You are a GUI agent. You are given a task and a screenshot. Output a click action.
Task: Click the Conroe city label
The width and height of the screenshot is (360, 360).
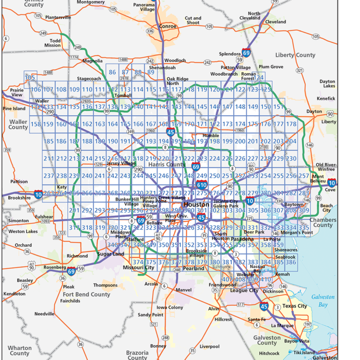[x=168, y=26]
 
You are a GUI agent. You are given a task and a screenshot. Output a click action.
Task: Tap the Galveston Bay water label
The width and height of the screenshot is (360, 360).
[x=323, y=300]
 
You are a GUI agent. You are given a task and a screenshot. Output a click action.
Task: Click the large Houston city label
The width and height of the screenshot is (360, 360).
[x=196, y=204]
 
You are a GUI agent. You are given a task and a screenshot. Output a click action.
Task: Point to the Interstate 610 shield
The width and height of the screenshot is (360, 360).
[x=202, y=184]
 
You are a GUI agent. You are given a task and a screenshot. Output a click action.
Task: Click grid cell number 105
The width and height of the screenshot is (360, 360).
[x=30, y=77]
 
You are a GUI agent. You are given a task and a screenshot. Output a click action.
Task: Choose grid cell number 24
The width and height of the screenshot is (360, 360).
[x=260, y=77]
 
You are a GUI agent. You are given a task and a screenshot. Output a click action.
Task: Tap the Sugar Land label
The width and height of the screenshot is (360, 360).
[x=111, y=253]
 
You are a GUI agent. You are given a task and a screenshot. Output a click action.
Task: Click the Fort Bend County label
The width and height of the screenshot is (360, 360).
[x=86, y=294]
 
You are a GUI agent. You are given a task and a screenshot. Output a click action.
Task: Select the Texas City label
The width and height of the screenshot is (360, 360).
[x=295, y=306]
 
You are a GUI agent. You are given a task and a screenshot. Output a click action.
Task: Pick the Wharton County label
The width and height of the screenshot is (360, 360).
[x=20, y=350]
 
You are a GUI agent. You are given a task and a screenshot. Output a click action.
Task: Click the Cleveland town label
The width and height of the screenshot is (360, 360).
[x=275, y=22]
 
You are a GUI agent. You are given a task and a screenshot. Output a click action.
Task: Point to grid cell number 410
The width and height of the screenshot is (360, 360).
[x=265, y=279]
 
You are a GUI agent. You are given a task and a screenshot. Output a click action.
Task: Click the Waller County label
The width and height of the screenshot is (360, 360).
[x=18, y=125]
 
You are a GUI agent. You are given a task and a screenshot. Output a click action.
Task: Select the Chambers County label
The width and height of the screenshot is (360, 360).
[x=323, y=222]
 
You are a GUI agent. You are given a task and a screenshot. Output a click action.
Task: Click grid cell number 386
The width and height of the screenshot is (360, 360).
[x=290, y=262]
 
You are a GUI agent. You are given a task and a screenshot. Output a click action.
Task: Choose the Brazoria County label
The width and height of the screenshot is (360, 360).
[x=137, y=355]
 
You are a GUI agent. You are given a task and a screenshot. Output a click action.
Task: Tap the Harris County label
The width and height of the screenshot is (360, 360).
[x=167, y=165]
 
